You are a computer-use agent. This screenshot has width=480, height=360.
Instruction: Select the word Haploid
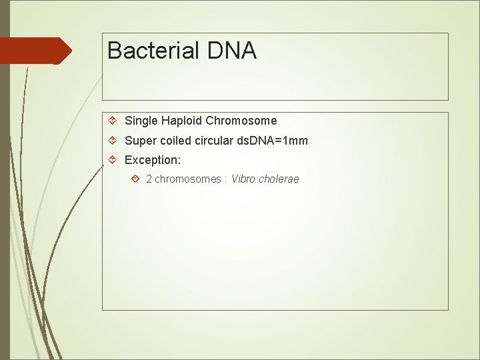pos(181,121)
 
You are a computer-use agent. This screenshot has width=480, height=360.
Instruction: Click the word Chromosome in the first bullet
pos(241,121)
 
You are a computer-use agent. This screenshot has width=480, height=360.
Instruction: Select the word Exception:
pos(153,161)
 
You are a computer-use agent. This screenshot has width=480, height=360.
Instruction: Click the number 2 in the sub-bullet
pos(149,179)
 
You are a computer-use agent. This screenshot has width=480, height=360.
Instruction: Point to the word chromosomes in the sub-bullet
pos(187,179)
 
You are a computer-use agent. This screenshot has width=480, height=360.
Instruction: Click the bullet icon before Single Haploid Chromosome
pos(113,121)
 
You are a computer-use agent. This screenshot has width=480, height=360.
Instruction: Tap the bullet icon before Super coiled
pos(113,141)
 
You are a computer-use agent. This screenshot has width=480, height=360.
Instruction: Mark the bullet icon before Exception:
pos(113,161)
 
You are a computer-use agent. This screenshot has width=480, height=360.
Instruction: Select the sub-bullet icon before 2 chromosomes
pos(135,179)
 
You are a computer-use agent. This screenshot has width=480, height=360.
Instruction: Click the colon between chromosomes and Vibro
pos(226,180)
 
